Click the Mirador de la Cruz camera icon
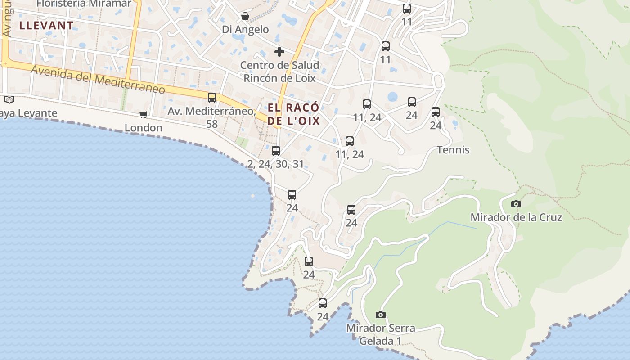tap(516, 204)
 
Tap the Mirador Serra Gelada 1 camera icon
tap(381, 315)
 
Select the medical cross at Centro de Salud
tap(279, 52)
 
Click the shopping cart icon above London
tap(144, 114)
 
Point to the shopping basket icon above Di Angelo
tap(245, 16)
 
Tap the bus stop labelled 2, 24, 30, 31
tap(276, 150)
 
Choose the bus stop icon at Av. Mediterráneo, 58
tap(212, 97)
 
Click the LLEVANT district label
tap(46, 26)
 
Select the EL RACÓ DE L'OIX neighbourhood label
tap(293, 114)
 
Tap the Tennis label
tap(453, 150)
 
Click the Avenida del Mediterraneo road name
tap(98, 80)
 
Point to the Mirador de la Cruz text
tap(516, 217)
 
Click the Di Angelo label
tap(245, 30)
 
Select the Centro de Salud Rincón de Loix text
tap(279, 72)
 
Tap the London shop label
tap(144, 128)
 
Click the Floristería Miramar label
tap(84, 4)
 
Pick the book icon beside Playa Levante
tap(9, 99)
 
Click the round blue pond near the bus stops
tap(393, 97)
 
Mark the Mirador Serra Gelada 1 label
tap(381, 334)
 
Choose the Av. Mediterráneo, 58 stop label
tap(212, 117)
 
